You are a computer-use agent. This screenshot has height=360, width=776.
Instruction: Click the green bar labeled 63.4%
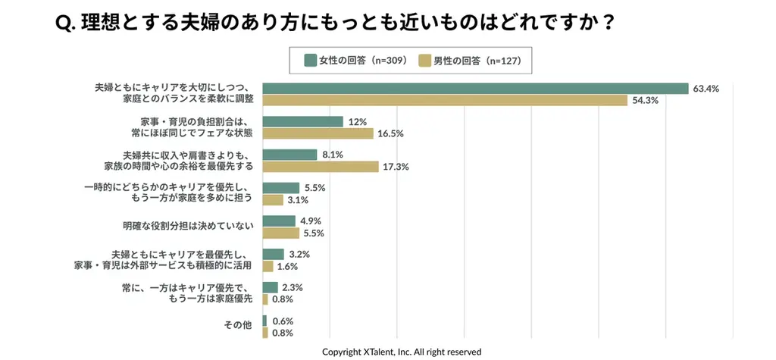(x=475, y=89)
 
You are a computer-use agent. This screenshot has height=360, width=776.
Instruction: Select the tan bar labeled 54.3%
(x=445, y=101)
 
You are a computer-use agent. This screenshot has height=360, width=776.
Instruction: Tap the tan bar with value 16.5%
(x=318, y=133)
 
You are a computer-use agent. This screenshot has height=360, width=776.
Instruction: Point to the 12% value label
(x=358, y=121)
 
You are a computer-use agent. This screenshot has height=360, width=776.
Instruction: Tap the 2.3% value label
(x=293, y=287)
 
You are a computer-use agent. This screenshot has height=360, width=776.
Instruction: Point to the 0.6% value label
(x=283, y=321)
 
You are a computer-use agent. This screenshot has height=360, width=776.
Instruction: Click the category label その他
(x=237, y=325)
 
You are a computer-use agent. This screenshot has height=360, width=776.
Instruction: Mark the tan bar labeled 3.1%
(x=273, y=200)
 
